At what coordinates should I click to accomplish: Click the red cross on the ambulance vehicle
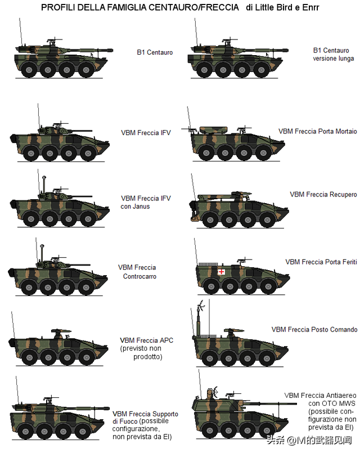tap(221, 272)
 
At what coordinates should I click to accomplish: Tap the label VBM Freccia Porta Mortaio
tap(318, 132)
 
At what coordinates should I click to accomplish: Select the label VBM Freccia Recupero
tap(323, 195)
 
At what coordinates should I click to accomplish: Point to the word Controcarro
tap(139, 276)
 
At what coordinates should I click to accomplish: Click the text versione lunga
tap(334, 59)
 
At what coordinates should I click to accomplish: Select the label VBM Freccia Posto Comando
tap(314, 330)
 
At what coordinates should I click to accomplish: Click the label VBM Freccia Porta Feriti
tap(321, 262)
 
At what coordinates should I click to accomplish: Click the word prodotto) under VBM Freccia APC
tap(148, 357)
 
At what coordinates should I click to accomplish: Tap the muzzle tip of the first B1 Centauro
tap(112, 50)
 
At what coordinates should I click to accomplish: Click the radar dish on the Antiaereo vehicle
tap(215, 392)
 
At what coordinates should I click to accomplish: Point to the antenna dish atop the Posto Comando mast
tap(201, 306)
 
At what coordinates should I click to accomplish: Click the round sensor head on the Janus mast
tap(44, 178)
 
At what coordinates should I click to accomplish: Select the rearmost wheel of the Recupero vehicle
tap(210, 220)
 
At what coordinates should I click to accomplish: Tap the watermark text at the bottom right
tap(309, 440)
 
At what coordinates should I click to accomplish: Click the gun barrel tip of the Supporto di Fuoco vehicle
tap(109, 409)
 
